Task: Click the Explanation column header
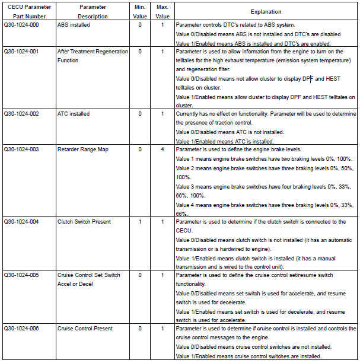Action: (x=266, y=11)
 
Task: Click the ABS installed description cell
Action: (x=75, y=26)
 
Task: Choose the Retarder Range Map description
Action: (x=83, y=149)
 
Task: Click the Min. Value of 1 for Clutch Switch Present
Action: (x=140, y=222)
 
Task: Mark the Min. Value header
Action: (x=140, y=11)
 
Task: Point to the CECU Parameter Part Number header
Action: (x=27, y=11)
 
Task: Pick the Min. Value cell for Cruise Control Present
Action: (x=140, y=328)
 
